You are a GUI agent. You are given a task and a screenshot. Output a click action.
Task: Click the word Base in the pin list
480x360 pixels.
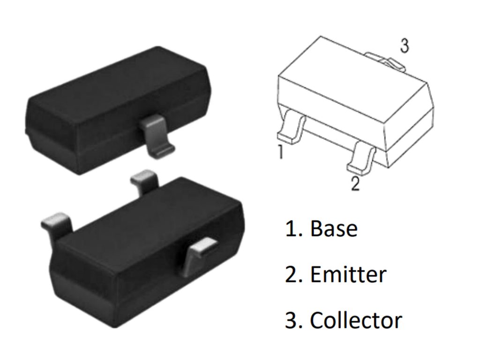point(334,228)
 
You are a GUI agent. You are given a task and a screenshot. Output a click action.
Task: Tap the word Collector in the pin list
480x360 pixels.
point(356,320)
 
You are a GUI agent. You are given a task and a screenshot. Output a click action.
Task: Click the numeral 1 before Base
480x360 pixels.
point(291,228)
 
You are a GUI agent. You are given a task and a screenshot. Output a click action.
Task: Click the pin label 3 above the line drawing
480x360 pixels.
point(405,46)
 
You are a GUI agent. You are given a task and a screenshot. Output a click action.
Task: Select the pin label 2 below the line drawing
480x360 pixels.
point(355,183)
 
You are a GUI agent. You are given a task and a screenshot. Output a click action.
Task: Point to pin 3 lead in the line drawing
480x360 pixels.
point(386,61)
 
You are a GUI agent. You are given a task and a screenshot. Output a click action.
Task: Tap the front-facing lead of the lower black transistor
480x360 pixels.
point(199,256)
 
